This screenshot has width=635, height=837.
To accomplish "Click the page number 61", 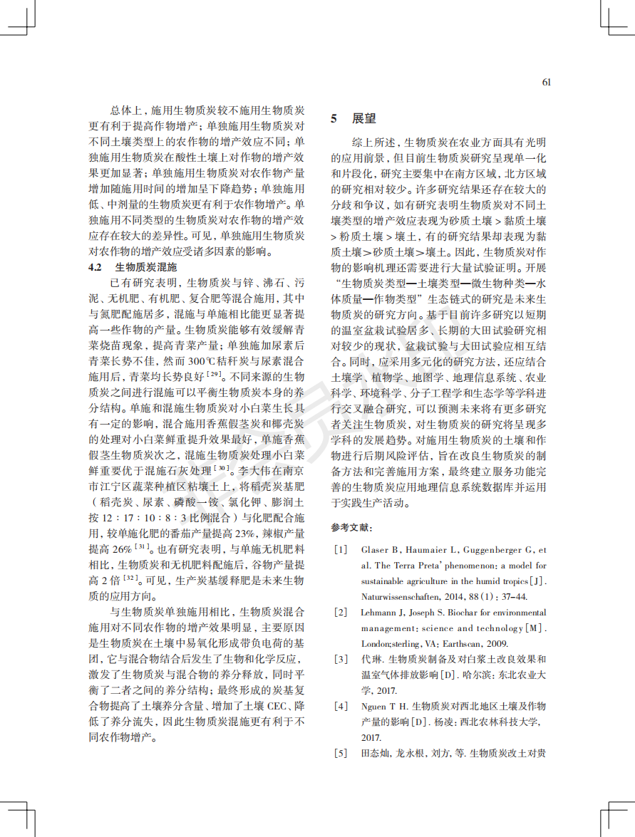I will pos(547,82).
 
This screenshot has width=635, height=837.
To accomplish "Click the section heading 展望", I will pos(363,119).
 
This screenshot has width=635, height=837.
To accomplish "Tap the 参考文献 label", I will pos(351,528).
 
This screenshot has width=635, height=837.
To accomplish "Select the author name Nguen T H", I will pos(383,707).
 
